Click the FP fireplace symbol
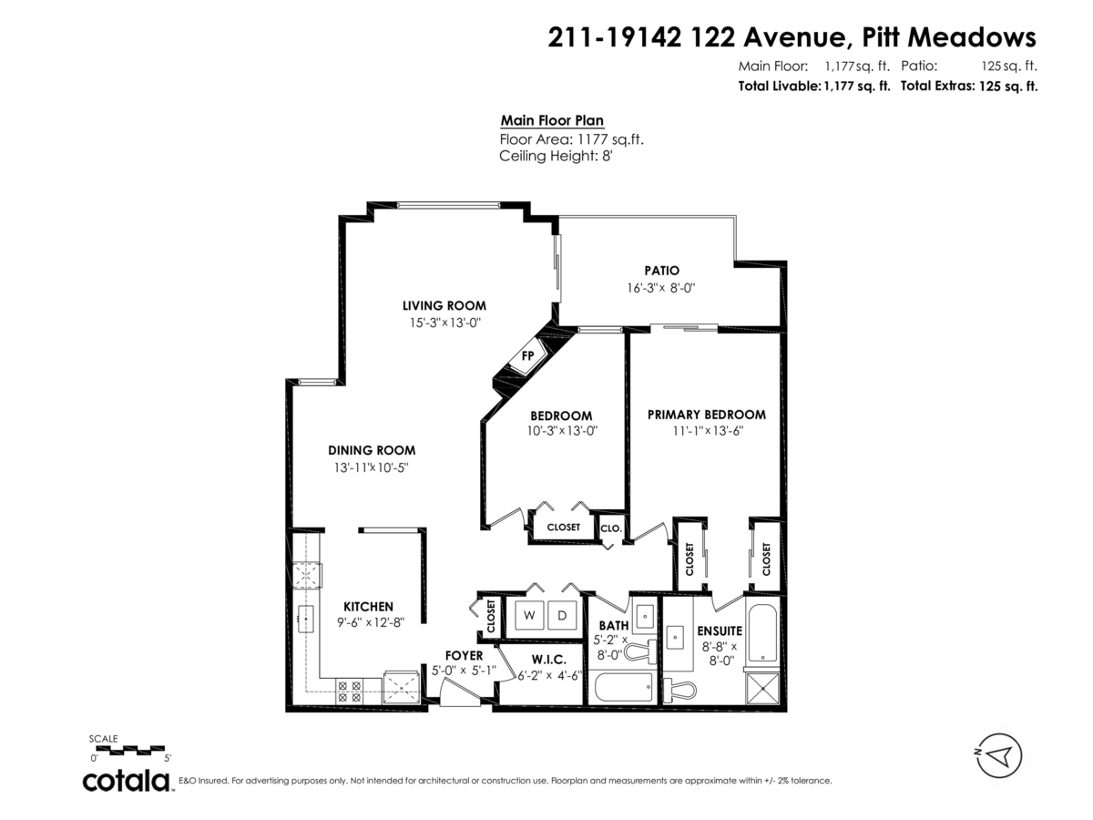pyautogui.click(x=527, y=355)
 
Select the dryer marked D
pyautogui.click(x=563, y=616)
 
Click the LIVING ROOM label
pyautogui.click(x=444, y=305)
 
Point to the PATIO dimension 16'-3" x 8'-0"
pyautogui.click(x=661, y=288)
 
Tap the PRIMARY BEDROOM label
pyautogui.click(x=706, y=414)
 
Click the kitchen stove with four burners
pyautogui.click(x=349, y=691)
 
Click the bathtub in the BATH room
pyautogui.click(x=622, y=687)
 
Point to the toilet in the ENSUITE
pyautogui.click(x=679, y=689)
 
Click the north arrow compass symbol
pyautogui.click(x=996, y=754)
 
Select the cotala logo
pyautogui.click(x=127, y=781)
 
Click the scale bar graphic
pyautogui.click(x=129, y=750)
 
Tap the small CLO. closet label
pyautogui.click(x=610, y=528)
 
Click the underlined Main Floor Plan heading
pyautogui.click(x=552, y=121)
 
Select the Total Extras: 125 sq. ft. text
pyautogui.click(x=969, y=87)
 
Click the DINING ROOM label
pyautogui.click(x=372, y=450)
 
